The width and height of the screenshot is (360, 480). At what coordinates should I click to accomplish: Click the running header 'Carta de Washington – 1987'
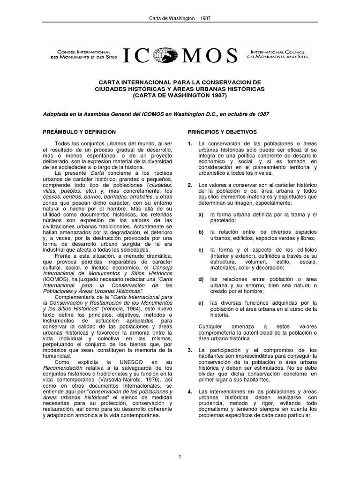pos(180,19)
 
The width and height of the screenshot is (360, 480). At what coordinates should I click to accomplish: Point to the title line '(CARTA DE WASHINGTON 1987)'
pos(180,96)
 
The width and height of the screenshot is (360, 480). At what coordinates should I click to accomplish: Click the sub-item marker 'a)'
pos(201,214)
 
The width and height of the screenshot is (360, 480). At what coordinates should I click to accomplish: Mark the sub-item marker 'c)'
pos(201,249)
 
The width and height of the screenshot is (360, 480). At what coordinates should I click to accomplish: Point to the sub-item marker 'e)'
pos(201,304)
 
